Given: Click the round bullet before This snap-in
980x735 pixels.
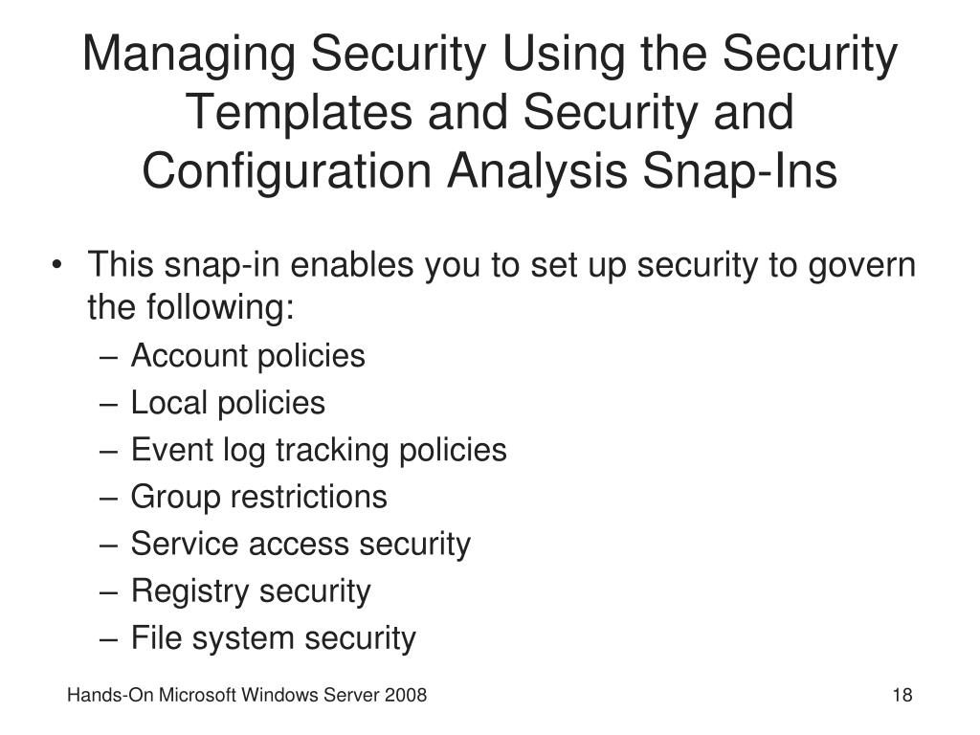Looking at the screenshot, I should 61,265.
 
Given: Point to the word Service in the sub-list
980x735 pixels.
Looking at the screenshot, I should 186,544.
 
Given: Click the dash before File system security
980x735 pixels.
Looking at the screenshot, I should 110,637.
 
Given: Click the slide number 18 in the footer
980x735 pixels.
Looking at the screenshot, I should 902,696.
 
